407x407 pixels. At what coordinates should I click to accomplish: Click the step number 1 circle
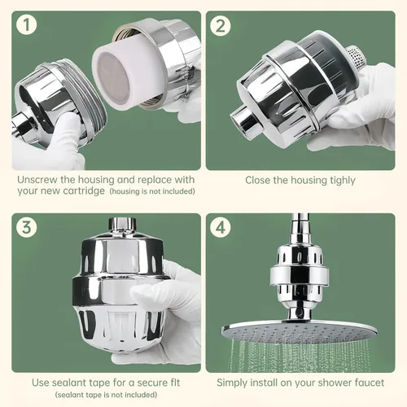[26, 25]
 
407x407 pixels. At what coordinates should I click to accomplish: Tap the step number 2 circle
[221, 26]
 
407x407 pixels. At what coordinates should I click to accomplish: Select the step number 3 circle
[26, 227]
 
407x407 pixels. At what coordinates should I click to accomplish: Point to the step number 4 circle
[221, 227]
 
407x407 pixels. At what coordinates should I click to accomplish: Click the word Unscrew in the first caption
[37, 180]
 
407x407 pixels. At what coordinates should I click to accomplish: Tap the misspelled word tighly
[343, 181]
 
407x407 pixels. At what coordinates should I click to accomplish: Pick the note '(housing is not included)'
[152, 191]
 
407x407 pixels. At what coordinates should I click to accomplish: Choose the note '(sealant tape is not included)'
[106, 395]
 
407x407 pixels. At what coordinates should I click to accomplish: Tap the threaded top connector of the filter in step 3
[122, 224]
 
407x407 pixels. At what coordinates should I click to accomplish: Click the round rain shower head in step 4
[300, 330]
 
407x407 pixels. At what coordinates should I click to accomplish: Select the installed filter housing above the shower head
[300, 278]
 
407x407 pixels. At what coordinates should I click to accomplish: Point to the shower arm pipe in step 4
[300, 228]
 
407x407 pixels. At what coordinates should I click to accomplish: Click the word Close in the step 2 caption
[258, 180]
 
